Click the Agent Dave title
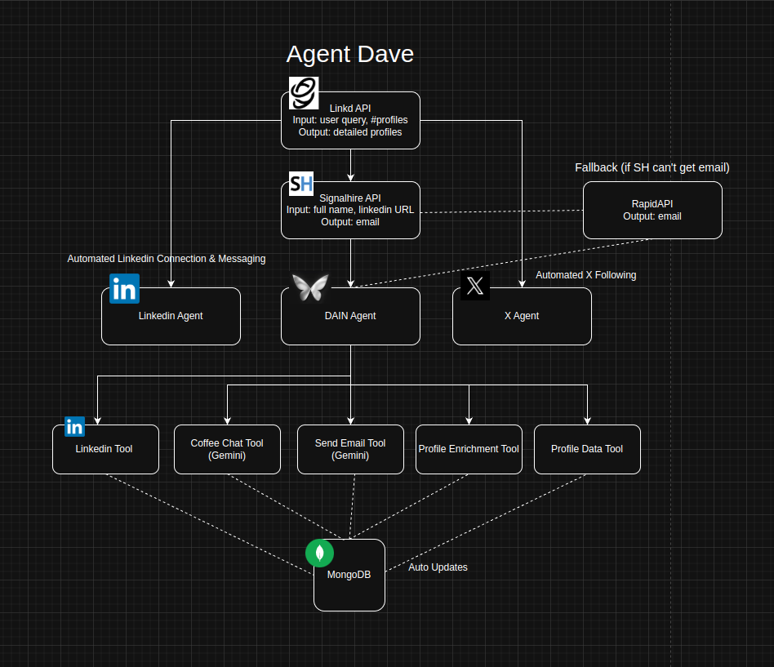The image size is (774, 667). click(x=349, y=54)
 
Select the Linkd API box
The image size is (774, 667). click(x=350, y=120)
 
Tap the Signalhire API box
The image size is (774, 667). click(x=350, y=210)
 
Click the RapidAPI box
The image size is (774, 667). click(x=652, y=210)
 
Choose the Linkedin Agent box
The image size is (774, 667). click(x=171, y=316)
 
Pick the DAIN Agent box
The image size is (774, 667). click(x=350, y=316)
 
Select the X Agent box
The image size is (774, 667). click(x=522, y=316)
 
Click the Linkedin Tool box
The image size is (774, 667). click(x=105, y=449)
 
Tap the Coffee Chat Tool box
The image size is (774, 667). click(x=227, y=449)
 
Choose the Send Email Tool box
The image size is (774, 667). click(x=350, y=449)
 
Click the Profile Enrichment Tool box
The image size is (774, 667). click(x=469, y=449)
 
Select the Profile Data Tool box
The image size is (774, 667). click(x=587, y=449)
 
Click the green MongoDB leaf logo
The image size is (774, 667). click(x=319, y=553)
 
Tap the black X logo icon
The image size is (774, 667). click(x=475, y=286)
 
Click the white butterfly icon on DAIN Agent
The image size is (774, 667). click(x=310, y=287)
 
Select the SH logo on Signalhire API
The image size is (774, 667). click(x=301, y=184)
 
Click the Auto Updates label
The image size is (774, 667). click(x=438, y=567)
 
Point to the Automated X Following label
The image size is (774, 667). click(x=585, y=275)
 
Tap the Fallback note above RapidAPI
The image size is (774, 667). click(x=652, y=167)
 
